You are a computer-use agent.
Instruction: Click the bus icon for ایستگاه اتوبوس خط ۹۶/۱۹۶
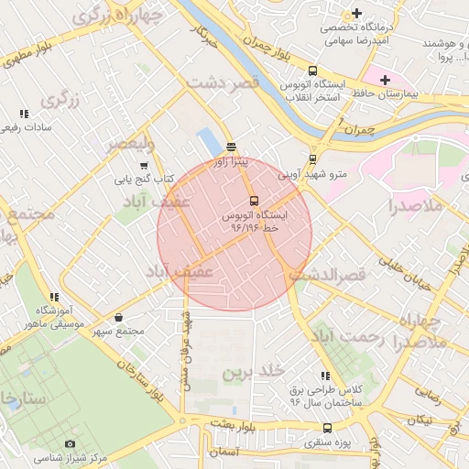(254, 201)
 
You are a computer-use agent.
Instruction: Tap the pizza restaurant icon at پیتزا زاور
(231, 147)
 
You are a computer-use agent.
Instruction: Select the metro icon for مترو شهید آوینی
(313, 158)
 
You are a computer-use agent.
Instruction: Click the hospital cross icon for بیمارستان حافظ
(386, 80)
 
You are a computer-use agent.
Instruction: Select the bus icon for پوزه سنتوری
(328, 429)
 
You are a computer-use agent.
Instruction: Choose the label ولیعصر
(130, 144)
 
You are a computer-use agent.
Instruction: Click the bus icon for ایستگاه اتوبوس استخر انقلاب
(313, 71)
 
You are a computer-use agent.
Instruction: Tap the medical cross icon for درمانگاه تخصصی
(356, 14)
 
